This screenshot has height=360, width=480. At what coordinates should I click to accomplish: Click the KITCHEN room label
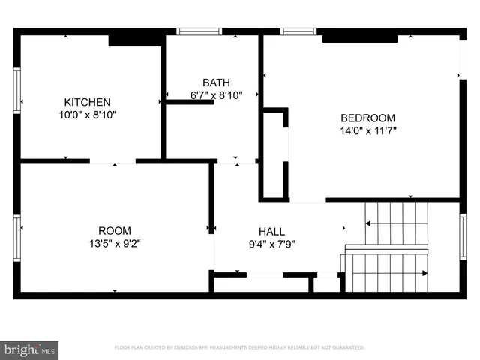(x=88, y=102)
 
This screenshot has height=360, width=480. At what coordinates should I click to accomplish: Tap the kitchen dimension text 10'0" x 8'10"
(x=88, y=115)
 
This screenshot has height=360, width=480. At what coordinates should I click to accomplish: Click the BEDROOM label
(x=367, y=118)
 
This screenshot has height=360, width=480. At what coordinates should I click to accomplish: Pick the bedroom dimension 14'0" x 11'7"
(x=367, y=130)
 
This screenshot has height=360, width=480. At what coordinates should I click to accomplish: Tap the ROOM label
(x=115, y=230)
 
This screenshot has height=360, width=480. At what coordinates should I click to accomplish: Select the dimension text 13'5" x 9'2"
(x=115, y=243)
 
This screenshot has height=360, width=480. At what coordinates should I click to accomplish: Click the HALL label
(x=271, y=231)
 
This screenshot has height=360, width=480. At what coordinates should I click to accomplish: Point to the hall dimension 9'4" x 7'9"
(x=271, y=244)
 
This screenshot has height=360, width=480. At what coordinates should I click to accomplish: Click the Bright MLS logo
(x=30, y=349)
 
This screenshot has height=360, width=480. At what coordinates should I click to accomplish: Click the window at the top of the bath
(x=199, y=31)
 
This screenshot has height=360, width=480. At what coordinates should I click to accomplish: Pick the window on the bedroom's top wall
(x=298, y=31)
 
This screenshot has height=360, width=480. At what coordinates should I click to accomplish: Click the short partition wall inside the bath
(x=190, y=101)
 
